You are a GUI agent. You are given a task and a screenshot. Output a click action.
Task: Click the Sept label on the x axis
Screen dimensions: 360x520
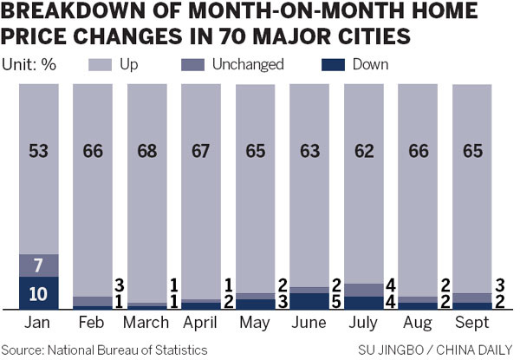coord(471,322)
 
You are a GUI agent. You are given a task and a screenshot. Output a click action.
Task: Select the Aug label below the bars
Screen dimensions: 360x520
coord(416,322)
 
